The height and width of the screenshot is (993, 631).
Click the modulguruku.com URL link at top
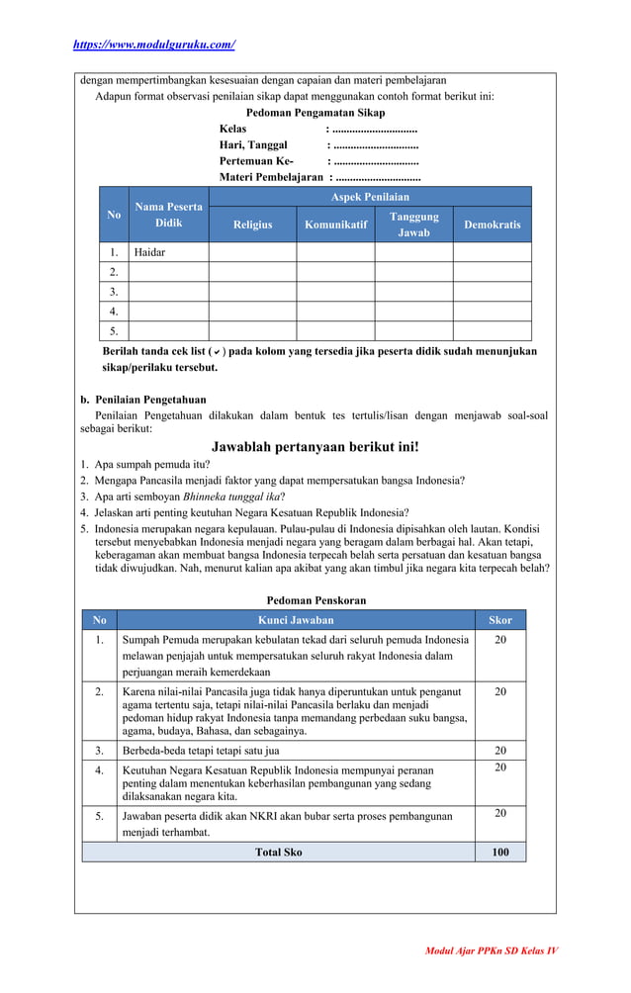pyautogui.click(x=154, y=45)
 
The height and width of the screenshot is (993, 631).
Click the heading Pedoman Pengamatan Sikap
pyautogui.click(x=315, y=113)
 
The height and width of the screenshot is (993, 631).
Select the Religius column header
pyautogui.click(x=252, y=225)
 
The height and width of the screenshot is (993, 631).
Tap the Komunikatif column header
pyautogui.click(x=335, y=225)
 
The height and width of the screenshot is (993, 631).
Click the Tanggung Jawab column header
pyautogui.click(x=413, y=225)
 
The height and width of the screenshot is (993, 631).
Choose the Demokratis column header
pyautogui.click(x=492, y=225)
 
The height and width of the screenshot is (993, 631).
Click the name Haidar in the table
pyautogui.click(x=150, y=252)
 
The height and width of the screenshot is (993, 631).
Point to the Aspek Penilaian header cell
pyautogui.click(x=370, y=197)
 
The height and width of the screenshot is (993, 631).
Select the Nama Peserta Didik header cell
pyautogui.click(x=169, y=215)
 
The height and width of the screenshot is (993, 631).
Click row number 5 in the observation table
pyautogui.click(x=114, y=331)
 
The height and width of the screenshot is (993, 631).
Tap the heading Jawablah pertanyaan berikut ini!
pyautogui.click(x=315, y=447)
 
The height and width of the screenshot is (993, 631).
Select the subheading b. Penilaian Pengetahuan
pyautogui.click(x=142, y=400)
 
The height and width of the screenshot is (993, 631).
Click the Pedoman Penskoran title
pyautogui.click(x=315, y=600)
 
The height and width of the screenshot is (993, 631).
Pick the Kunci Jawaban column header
pyautogui.click(x=296, y=620)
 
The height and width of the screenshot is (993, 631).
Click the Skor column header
pyautogui.click(x=500, y=620)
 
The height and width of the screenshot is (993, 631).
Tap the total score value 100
pyautogui.click(x=500, y=852)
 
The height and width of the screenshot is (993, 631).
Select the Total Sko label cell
pyautogui.click(x=279, y=852)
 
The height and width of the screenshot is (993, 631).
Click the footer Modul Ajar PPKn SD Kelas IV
pyautogui.click(x=492, y=950)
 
